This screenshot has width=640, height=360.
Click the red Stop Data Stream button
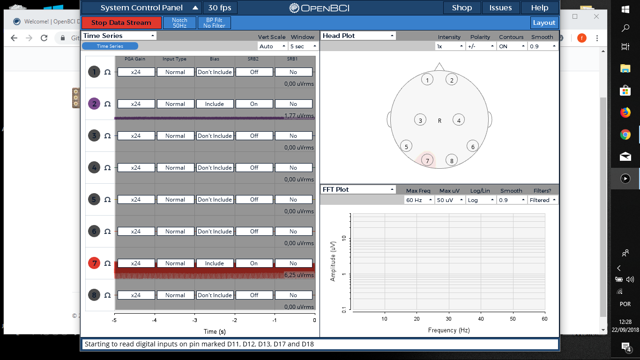121,22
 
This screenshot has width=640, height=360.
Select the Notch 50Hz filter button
179,23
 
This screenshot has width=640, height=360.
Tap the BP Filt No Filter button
215,23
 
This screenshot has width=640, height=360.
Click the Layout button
544,22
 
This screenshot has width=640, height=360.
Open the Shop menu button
462,7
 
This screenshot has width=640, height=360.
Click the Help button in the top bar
540,7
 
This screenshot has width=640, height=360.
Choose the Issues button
500,7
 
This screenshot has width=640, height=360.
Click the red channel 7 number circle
95,263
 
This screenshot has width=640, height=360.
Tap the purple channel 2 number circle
95,104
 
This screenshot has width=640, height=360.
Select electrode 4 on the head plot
459,120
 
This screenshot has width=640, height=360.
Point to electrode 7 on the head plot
427,160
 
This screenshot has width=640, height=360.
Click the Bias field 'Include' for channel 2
215,104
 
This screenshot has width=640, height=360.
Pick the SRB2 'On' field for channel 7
254,263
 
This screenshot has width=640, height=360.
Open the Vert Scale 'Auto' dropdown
273,46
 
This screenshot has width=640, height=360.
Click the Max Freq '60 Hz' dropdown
419,200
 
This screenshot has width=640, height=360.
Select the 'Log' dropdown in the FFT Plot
480,200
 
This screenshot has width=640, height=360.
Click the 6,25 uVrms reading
299,275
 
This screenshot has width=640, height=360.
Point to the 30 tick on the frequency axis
449,319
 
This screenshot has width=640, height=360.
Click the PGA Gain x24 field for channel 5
136,200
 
